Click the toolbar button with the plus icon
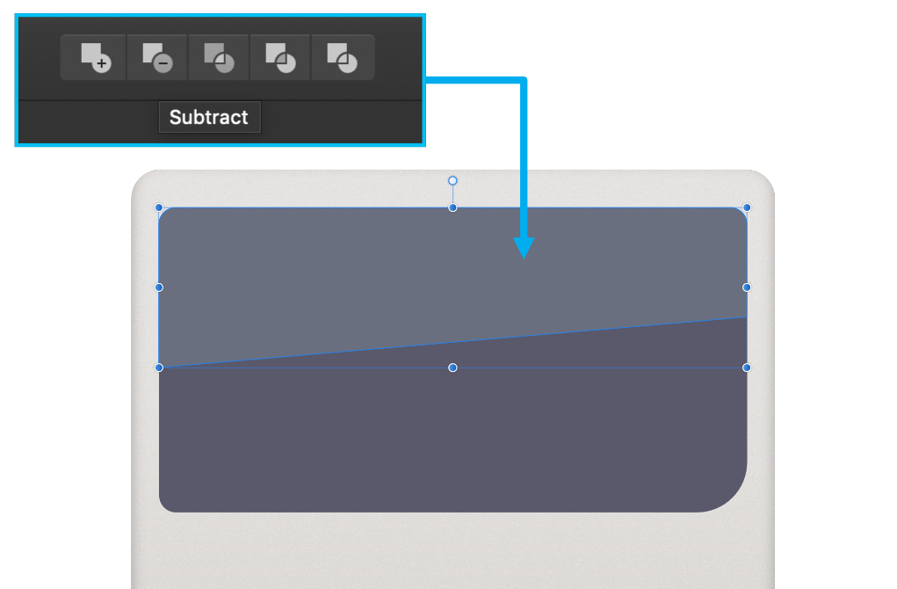(94, 57)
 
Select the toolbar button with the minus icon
(156, 57)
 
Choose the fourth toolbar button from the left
(280, 57)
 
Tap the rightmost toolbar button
(342, 57)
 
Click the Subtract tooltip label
(209, 117)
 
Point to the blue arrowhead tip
(524, 258)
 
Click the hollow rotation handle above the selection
(452, 181)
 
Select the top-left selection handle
(159, 207)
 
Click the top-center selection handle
(452, 207)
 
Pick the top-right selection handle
(747, 207)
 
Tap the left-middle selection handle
(159, 287)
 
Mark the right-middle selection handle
(747, 287)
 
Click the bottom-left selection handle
(159, 367)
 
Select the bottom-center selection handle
(452, 367)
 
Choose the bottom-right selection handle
(747, 367)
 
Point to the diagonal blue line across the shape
(452, 342)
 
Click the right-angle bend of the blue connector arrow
(524, 81)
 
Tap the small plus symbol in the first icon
(102, 63)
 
